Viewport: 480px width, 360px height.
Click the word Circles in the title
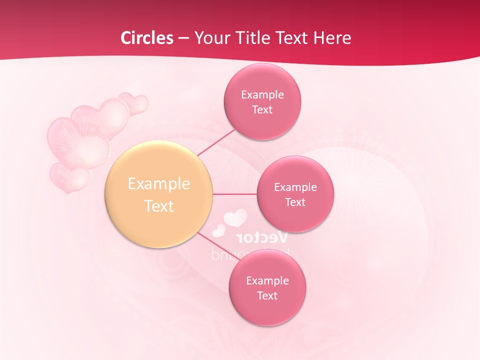[147, 38]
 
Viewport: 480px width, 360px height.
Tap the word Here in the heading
[332, 38]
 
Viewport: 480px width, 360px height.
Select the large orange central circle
[159, 194]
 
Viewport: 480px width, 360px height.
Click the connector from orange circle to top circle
[216, 143]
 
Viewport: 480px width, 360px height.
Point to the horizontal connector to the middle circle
[235, 194]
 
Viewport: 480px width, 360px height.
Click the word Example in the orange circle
[159, 183]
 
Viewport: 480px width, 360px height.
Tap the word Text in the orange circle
[159, 206]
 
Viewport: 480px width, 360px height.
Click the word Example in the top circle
[262, 94]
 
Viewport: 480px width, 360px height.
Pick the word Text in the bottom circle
[267, 295]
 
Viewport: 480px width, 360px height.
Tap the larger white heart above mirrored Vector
[235, 218]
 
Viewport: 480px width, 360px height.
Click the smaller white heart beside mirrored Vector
[218, 230]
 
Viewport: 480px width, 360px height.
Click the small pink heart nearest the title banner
[135, 103]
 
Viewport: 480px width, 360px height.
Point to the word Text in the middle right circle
[295, 202]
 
